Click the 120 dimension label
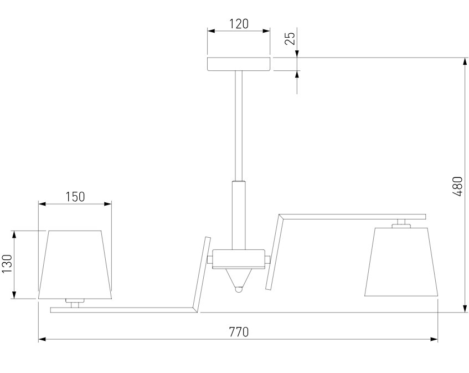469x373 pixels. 239,24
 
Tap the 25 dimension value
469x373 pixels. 290,38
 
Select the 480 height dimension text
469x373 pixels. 457,186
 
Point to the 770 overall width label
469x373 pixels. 239,332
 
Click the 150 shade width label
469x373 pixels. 75,197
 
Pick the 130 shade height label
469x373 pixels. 7,263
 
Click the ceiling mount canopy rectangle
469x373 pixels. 239,64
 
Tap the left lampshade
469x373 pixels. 75,264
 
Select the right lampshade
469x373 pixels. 401,262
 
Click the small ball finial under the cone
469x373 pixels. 239,290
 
